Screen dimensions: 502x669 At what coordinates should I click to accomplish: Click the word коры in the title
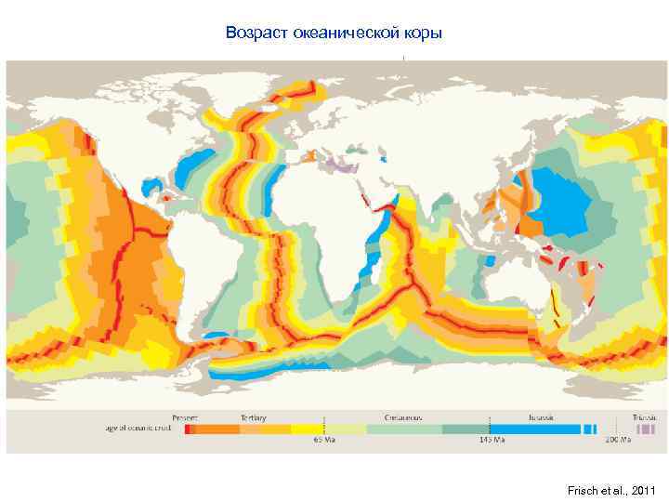tap(424, 33)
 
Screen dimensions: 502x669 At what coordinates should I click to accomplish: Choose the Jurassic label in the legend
tap(538, 417)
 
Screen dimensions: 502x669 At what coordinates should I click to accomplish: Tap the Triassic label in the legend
tap(644, 417)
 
